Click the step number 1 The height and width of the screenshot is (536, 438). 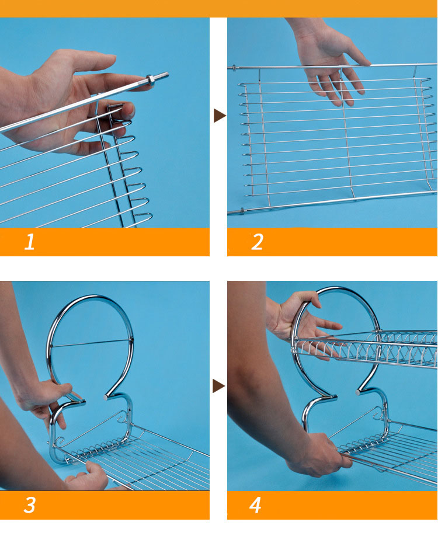[x=29, y=242]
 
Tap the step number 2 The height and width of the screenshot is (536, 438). [x=258, y=242]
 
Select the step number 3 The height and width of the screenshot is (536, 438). [x=29, y=505]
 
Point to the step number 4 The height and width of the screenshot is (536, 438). [x=255, y=505]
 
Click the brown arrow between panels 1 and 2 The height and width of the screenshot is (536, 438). [x=220, y=115]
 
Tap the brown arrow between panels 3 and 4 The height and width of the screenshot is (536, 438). [x=219, y=386]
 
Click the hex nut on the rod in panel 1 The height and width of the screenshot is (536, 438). [x=151, y=79]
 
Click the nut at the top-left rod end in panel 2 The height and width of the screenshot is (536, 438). [x=234, y=68]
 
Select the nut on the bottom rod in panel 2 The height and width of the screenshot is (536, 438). [x=242, y=211]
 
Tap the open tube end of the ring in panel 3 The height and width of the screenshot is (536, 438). [x=106, y=397]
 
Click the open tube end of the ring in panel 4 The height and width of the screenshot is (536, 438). [x=358, y=392]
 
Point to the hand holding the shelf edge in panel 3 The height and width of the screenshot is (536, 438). [x=89, y=476]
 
